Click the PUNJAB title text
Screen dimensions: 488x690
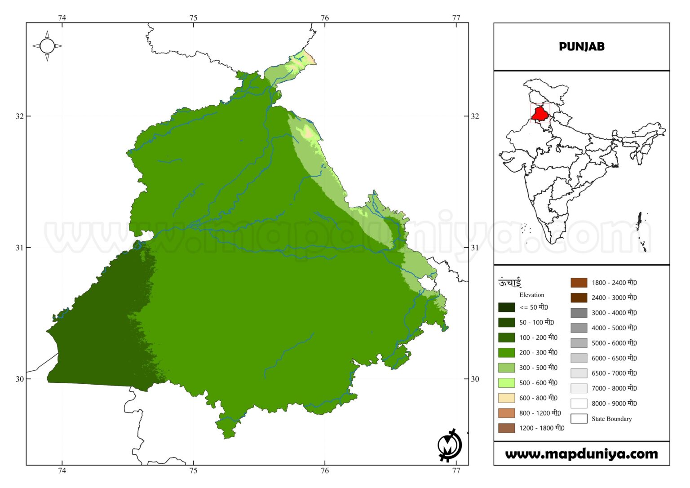(581, 46)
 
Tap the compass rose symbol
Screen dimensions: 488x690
(47, 46)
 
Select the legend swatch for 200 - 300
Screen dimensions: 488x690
(506, 352)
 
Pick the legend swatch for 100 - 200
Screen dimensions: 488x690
(506, 337)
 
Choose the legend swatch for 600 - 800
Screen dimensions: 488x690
(506, 398)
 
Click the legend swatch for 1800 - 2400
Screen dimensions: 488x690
(579, 283)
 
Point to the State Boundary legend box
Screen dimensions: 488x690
(579, 419)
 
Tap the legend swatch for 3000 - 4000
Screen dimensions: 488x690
(579, 313)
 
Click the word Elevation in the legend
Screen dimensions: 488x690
(531, 295)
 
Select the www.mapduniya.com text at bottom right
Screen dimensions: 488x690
(581, 454)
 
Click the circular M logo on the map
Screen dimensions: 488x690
(449, 445)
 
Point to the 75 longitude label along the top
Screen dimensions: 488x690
(193, 18)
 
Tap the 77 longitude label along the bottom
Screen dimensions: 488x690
(456, 470)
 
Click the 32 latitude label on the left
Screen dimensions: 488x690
(20, 116)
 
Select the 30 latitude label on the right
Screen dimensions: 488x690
(475, 379)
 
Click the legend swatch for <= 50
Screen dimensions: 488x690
(506, 307)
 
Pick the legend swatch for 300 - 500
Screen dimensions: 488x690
(506, 368)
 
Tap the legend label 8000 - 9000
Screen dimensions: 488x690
(614, 404)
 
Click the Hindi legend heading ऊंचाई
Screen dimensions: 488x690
(509, 283)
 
